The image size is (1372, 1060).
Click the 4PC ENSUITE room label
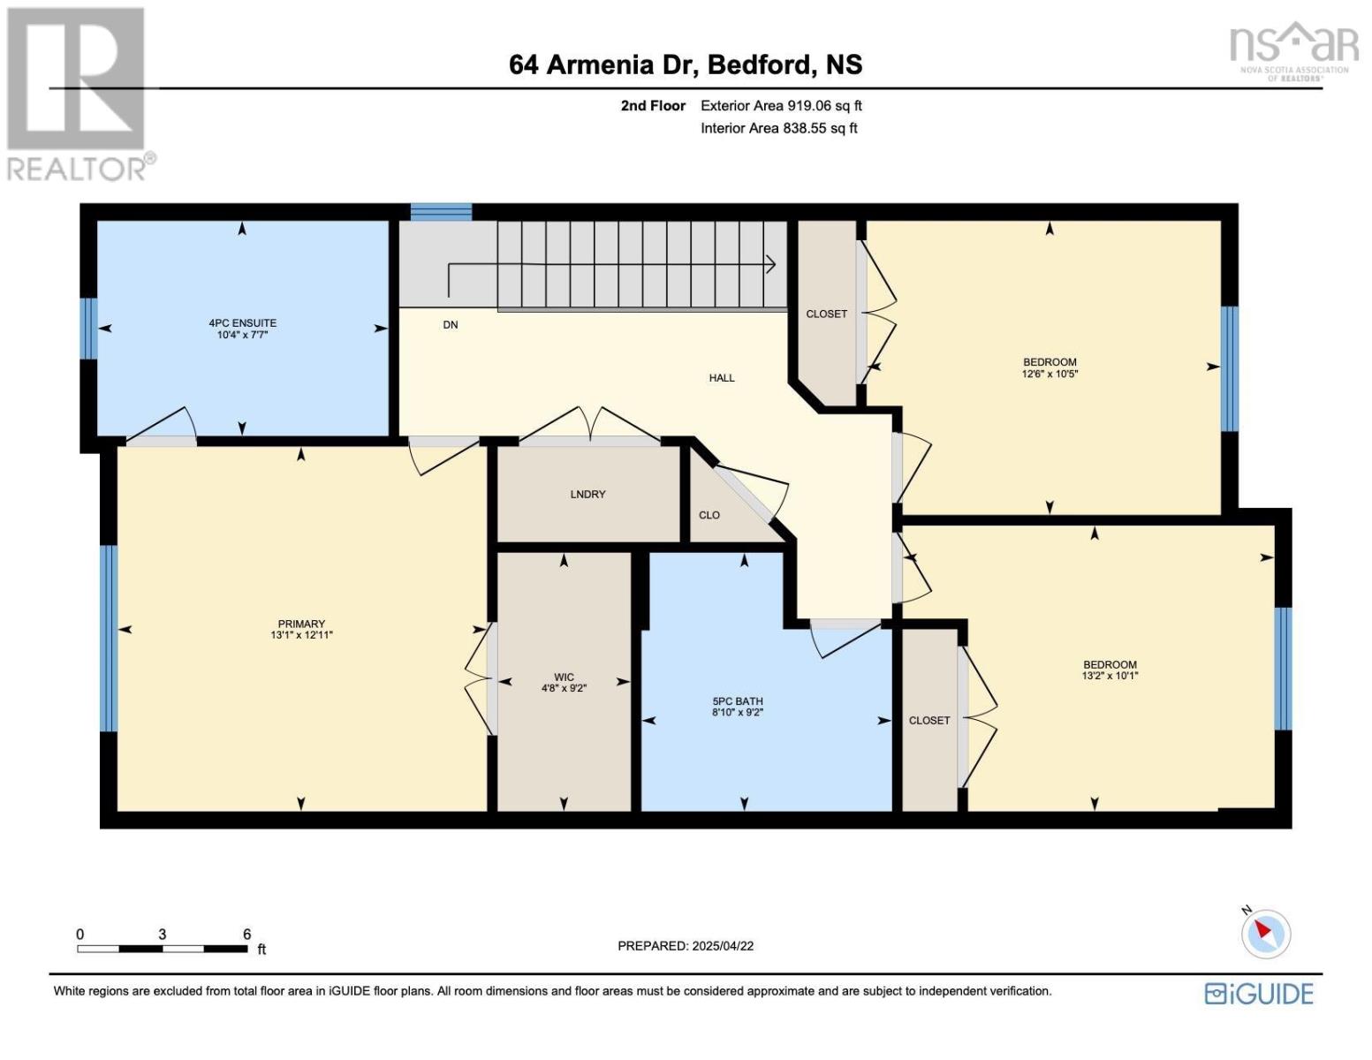(x=242, y=322)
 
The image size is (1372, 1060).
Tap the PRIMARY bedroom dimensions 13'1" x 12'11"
(x=301, y=635)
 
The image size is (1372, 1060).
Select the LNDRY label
(x=587, y=495)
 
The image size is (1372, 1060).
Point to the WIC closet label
(x=564, y=677)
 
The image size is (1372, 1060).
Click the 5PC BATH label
(x=738, y=700)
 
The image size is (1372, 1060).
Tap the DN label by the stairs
(x=451, y=324)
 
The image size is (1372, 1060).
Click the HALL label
(x=722, y=377)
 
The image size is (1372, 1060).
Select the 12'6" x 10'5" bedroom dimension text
(x=1050, y=373)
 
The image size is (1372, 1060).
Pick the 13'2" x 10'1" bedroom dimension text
(x=1110, y=676)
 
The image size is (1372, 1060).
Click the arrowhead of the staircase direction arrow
(x=771, y=264)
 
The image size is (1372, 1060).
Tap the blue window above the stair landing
(x=442, y=212)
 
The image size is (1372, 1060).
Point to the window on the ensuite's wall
(x=89, y=329)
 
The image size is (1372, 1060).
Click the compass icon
(x=1266, y=934)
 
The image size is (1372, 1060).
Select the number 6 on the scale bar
(x=246, y=934)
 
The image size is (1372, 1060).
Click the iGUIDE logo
(x=1259, y=994)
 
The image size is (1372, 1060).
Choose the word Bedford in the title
(x=759, y=65)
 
